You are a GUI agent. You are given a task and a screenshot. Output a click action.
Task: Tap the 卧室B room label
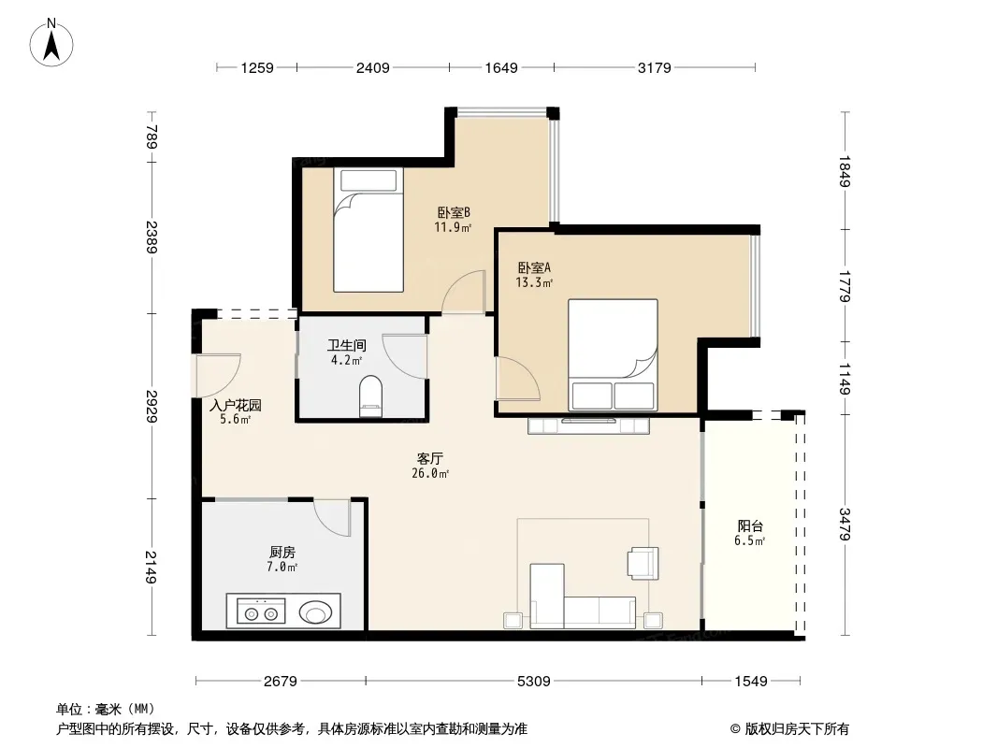(454, 212)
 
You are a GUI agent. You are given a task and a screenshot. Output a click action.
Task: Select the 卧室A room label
(534, 268)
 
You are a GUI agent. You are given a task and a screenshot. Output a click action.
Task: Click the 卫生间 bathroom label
(347, 346)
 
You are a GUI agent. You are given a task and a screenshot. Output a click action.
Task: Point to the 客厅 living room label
(430, 458)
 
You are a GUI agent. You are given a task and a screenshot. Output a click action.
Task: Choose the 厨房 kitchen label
(282, 553)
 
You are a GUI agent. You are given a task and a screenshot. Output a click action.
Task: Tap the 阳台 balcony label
(750, 526)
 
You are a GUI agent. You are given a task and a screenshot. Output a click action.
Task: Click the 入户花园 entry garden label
(236, 405)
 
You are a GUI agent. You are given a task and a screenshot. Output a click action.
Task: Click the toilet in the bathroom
(370, 396)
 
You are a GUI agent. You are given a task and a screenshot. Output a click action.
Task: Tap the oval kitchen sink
(315, 612)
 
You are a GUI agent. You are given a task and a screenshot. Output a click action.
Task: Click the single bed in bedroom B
(368, 230)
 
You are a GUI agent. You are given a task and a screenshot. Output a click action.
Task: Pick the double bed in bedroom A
(613, 355)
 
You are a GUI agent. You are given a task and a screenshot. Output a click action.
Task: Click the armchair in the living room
(643, 563)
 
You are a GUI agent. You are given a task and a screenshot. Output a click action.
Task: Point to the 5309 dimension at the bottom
(533, 682)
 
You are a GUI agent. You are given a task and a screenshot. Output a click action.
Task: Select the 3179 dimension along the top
(655, 67)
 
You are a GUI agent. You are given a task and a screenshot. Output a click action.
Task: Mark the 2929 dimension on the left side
(152, 406)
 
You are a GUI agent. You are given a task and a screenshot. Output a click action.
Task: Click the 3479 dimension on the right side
(845, 525)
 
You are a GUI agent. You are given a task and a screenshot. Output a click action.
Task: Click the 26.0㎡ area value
(430, 473)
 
